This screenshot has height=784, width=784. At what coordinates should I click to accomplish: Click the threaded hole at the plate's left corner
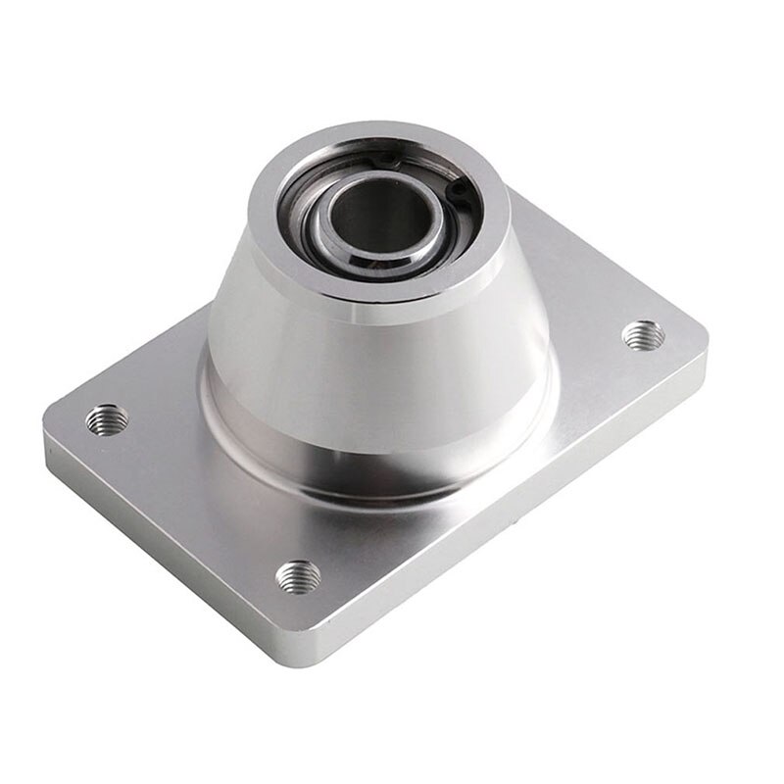tap(106, 419)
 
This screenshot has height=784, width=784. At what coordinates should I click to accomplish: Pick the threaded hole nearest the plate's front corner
tap(297, 575)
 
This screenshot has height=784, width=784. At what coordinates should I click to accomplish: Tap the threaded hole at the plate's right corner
tap(643, 335)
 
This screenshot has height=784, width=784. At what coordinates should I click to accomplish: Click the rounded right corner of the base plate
tap(700, 339)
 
